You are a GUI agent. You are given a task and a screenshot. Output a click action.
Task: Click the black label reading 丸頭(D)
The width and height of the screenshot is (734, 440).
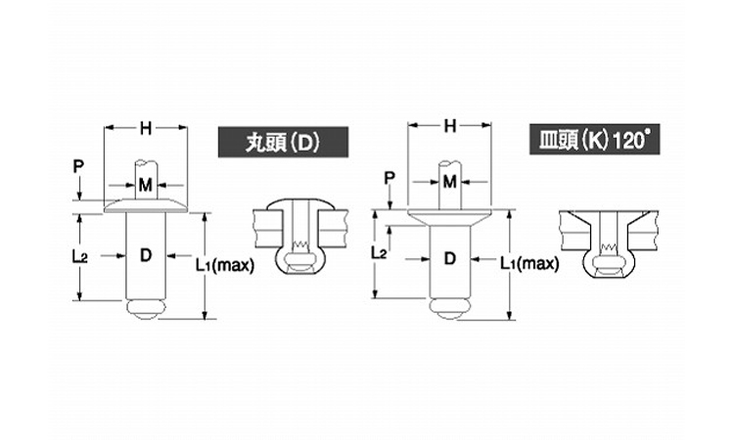coord(269,143)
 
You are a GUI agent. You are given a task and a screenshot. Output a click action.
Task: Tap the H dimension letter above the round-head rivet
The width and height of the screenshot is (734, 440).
coord(145,126)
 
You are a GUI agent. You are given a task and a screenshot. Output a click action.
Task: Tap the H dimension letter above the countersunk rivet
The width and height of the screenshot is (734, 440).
coord(450,125)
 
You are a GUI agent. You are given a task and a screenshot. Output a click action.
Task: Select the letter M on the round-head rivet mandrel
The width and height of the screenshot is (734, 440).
coord(145,184)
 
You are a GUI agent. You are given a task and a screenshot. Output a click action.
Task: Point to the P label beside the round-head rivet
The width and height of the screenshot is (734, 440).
coord(78,166)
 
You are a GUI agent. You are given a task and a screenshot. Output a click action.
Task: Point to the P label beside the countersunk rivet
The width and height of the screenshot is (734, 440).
coord(389,177)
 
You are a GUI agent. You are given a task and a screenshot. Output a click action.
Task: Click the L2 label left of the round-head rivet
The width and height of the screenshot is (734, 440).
coord(81,256)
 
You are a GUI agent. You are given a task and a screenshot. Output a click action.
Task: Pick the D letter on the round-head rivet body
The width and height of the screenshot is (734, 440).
coord(145,256)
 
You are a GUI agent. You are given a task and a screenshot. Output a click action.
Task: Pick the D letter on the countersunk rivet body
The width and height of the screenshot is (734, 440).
coord(449,258)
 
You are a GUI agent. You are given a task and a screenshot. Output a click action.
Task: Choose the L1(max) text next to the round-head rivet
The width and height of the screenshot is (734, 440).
coord(224,263)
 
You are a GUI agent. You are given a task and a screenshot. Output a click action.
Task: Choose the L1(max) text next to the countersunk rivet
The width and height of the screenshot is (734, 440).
coord(528,263)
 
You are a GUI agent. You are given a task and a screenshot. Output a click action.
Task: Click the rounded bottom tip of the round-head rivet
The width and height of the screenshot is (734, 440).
coord(145,310)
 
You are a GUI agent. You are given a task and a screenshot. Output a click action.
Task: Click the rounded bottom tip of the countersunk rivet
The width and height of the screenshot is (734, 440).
coord(449,309)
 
